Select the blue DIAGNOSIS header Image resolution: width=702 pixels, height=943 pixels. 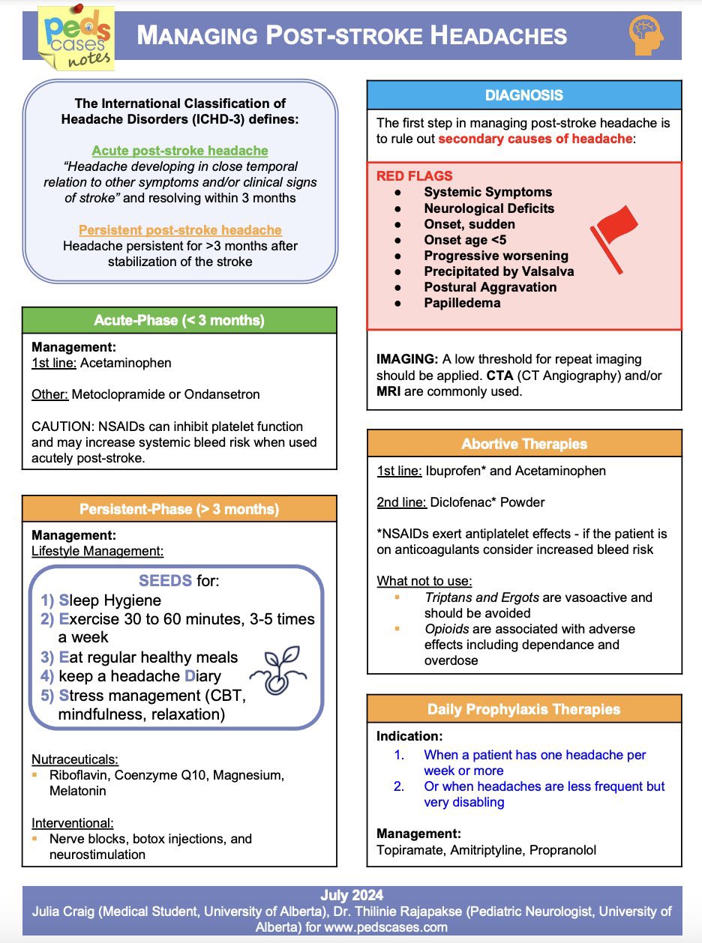(x=524, y=95)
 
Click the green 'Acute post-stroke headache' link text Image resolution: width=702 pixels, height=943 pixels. (x=180, y=151)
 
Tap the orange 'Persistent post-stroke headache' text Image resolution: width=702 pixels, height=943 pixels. (x=180, y=230)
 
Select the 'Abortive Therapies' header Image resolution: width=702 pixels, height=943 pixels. (x=524, y=444)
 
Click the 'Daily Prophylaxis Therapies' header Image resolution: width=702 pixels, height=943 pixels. (x=524, y=709)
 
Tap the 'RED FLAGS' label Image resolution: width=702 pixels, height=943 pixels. (x=414, y=176)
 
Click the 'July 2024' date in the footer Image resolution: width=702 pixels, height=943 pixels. (x=351, y=895)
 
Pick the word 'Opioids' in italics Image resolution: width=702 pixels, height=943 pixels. (x=448, y=629)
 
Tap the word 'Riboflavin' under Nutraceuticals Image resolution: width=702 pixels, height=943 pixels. (x=79, y=775)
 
